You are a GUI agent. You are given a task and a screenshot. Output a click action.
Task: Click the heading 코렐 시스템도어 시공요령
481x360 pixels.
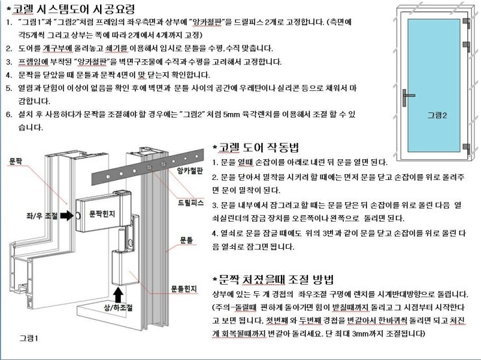[73, 9]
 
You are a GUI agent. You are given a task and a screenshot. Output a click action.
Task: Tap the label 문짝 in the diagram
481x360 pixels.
[16, 161]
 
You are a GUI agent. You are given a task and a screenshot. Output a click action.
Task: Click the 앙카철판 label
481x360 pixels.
[190, 171]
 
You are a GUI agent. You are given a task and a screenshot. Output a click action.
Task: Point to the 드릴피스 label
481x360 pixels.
[191, 202]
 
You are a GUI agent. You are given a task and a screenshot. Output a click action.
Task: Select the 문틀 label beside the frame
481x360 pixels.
[186, 240]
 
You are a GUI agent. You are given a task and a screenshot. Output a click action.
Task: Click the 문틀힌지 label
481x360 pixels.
[184, 289]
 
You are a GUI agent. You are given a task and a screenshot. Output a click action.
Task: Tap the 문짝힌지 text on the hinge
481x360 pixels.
[102, 214]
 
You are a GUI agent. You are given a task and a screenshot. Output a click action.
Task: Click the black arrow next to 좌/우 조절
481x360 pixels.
[66, 216]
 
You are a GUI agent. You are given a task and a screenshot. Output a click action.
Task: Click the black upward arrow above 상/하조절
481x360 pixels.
[118, 294]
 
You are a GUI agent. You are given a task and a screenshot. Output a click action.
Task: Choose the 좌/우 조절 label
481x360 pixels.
[42, 216]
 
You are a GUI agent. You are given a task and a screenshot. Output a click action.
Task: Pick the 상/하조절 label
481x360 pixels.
[118, 307]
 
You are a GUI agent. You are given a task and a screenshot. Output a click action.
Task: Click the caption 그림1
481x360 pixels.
[29, 338]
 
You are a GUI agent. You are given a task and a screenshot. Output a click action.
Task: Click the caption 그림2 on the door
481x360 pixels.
[437, 115]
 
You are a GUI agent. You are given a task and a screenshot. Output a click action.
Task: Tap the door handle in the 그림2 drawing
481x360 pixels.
[407, 97]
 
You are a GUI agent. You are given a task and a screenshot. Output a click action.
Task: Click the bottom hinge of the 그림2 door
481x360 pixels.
[466, 149]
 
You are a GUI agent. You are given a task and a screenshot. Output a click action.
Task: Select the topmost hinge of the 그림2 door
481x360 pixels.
[466, 23]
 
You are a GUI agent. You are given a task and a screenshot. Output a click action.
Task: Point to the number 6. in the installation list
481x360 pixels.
[9, 114]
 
